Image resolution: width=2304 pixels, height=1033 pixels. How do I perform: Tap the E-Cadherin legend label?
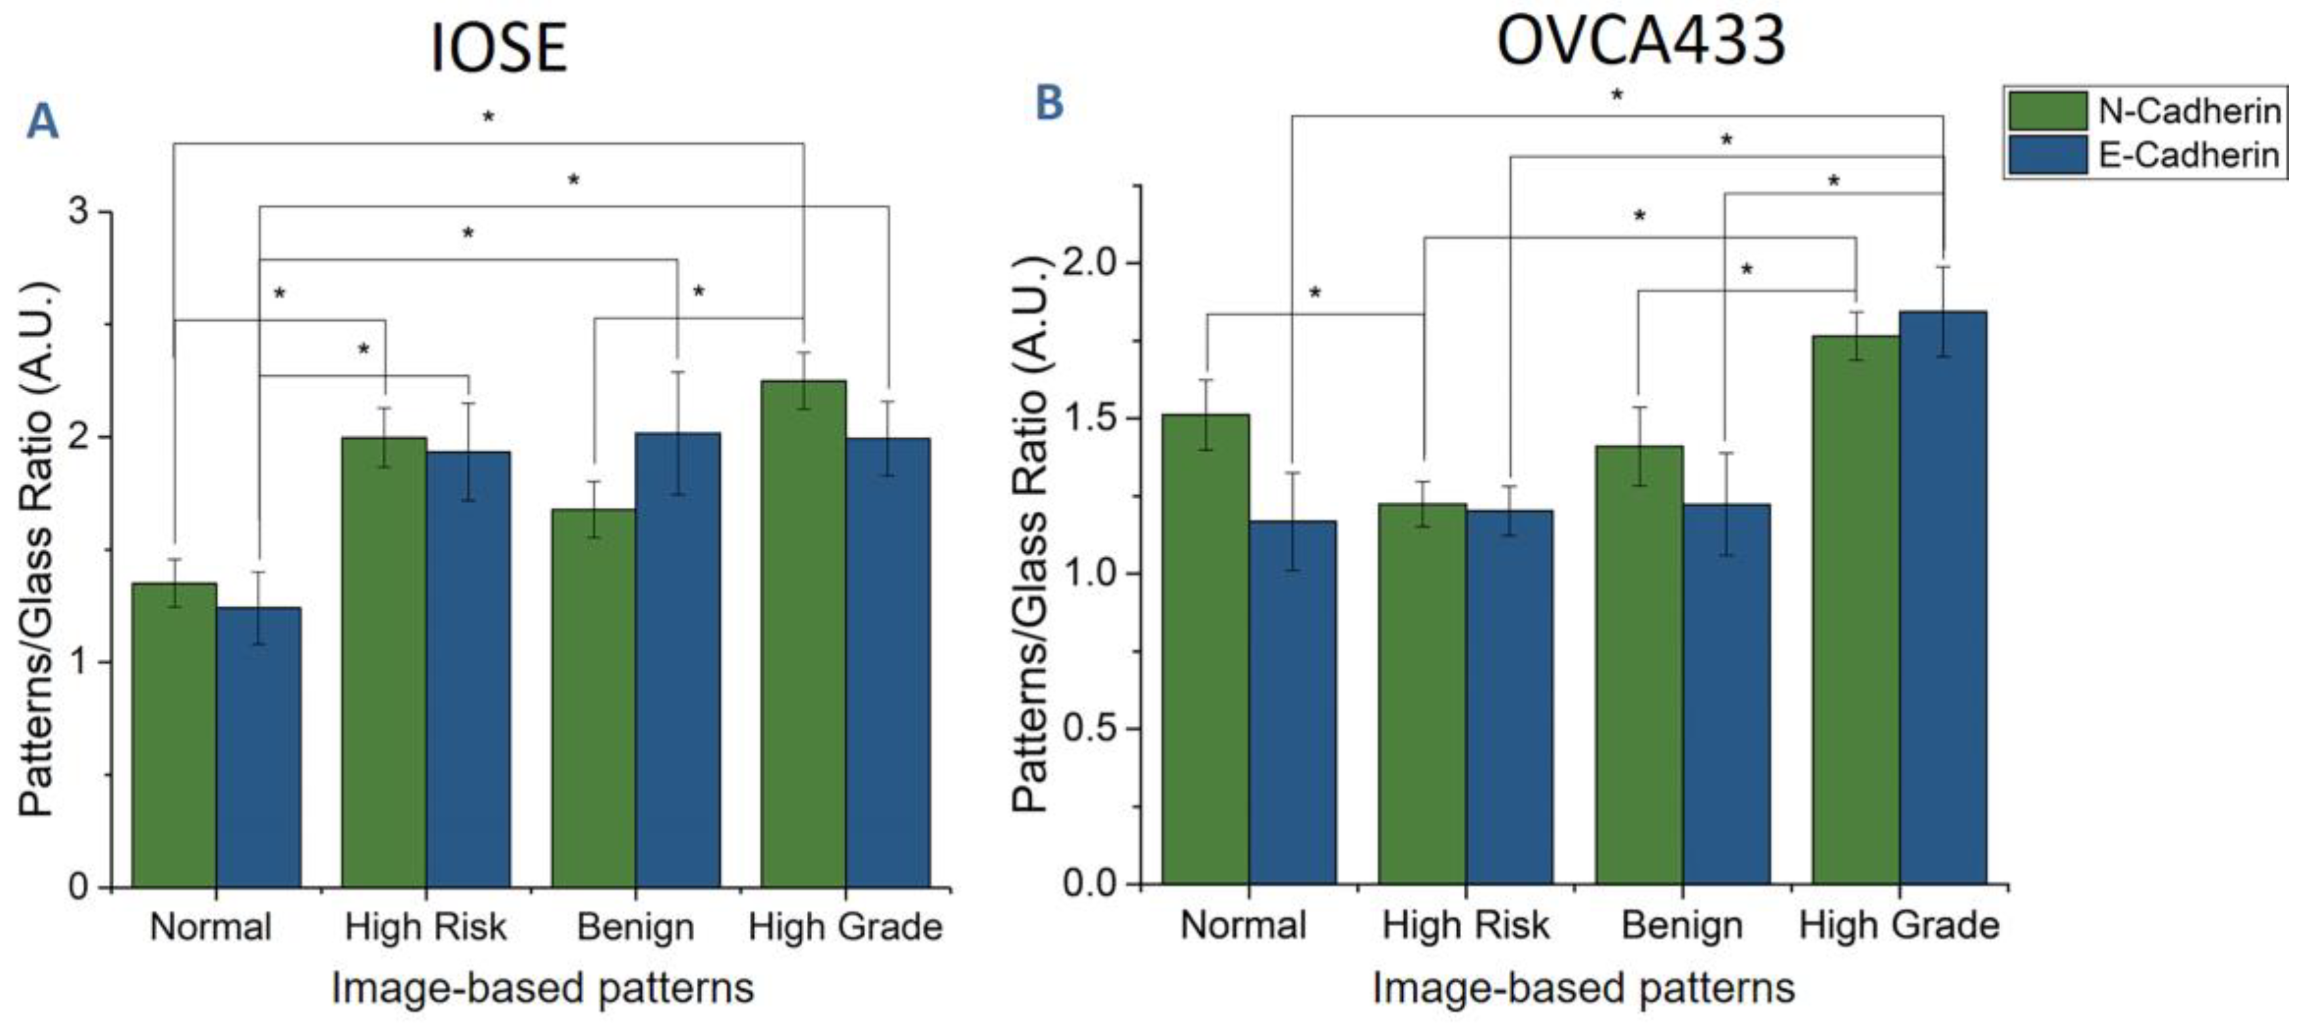point(2189,156)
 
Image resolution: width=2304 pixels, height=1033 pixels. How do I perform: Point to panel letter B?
point(1049,102)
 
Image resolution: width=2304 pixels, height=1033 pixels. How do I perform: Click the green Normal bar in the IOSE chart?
point(174,734)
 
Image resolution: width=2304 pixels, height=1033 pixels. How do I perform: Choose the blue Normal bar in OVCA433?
point(1291,702)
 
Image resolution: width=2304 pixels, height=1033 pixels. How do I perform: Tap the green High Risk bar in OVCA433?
point(1422,693)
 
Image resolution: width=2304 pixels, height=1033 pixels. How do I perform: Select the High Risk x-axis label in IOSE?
point(426,927)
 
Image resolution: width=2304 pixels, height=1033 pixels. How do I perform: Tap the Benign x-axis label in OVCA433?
point(1681,925)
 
